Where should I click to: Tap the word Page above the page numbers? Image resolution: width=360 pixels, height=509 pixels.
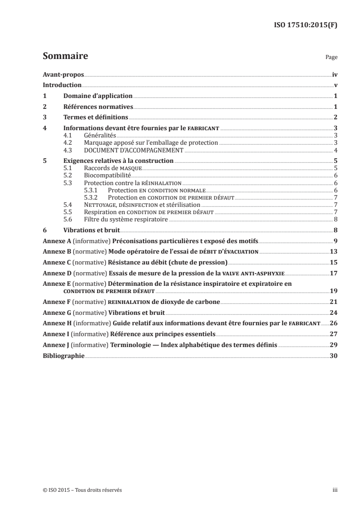pyautogui.click(x=331, y=58)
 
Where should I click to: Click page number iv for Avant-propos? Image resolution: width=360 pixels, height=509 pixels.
pyautogui.click(x=335, y=74)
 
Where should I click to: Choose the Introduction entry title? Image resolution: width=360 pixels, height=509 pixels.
pyautogui.click(x=62, y=85)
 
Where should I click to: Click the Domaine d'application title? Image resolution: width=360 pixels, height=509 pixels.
pyautogui.click(x=98, y=96)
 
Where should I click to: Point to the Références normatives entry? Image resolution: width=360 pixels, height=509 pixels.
pyautogui.click(x=98, y=107)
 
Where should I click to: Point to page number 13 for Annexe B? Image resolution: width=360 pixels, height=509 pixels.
pyautogui.click(x=334, y=252)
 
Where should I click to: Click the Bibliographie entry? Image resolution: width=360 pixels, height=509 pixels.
pyautogui.click(x=63, y=356)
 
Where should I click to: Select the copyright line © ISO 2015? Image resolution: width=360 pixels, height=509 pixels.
pyautogui.click(x=82, y=490)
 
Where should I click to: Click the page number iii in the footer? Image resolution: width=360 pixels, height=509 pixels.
pyautogui.click(x=335, y=490)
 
